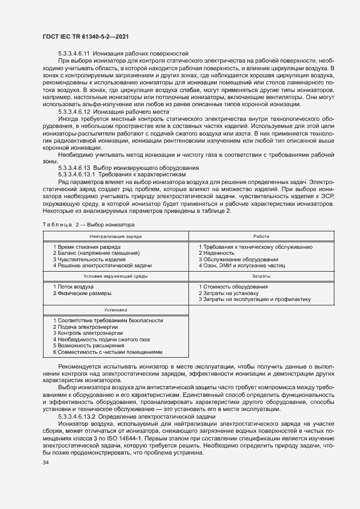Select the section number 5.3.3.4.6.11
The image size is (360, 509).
coord(74,53)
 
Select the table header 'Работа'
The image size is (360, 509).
coord(261,236)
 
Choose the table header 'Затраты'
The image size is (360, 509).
coord(261,277)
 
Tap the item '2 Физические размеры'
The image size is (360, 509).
coord(82,293)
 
